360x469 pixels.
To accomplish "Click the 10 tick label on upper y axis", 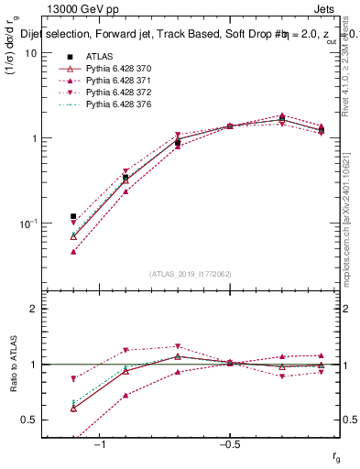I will pos(30,53).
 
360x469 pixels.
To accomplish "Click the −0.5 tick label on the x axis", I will pos(229,444).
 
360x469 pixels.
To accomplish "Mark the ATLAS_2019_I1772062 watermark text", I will pos(191,274).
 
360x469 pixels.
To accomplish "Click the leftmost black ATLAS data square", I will pos(73,217).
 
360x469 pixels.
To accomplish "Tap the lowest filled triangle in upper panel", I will pos(73,251).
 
